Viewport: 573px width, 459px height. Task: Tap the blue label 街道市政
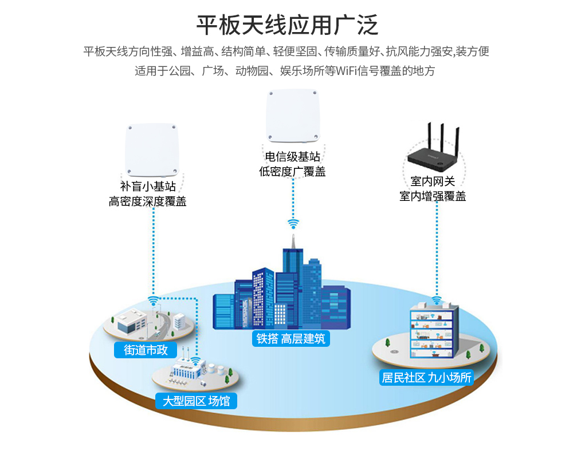tap(146, 350)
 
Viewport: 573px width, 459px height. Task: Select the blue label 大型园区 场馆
tap(196, 401)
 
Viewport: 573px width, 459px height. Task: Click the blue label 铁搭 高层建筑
tap(291, 339)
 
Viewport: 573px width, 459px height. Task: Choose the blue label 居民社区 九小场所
tap(427, 378)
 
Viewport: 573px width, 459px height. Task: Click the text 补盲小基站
tap(148, 187)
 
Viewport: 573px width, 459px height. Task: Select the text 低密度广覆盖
tap(292, 171)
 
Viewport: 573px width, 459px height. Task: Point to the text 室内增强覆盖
tap(433, 196)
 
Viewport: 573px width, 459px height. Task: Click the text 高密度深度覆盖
tap(148, 201)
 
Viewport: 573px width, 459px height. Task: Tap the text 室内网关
tap(433, 181)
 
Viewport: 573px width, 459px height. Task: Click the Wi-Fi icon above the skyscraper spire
tap(293, 223)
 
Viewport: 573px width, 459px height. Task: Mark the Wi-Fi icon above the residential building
tap(437, 300)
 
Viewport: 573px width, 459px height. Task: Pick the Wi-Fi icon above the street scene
tap(153, 300)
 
